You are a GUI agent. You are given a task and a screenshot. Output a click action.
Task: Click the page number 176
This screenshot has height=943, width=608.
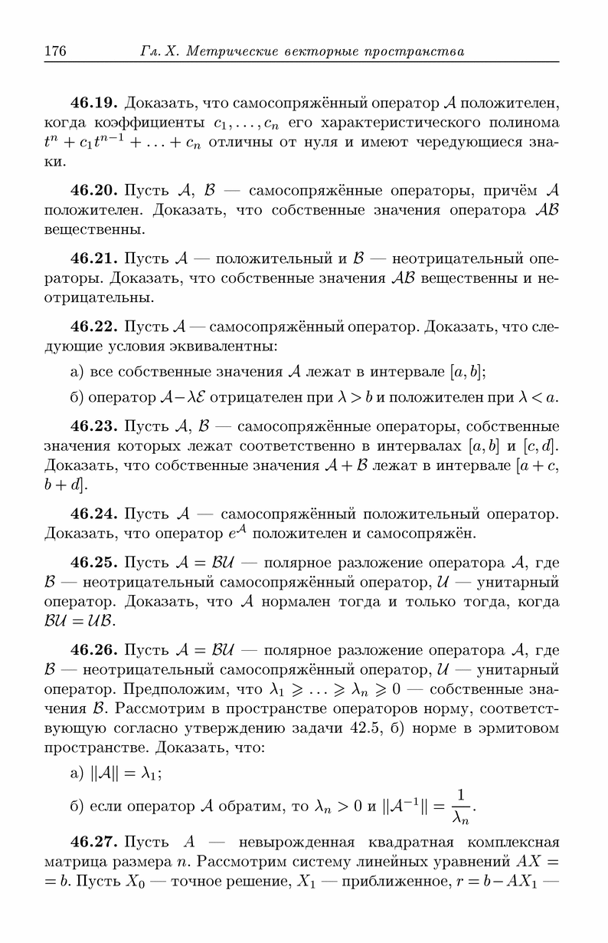pyautogui.click(x=56, y=51)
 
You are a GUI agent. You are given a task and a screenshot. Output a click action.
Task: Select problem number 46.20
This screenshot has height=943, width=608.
pyautogui.click(x=94, y=190)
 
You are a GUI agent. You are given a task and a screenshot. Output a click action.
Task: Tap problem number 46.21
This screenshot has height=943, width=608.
pyautogui.click(x=94, y=257)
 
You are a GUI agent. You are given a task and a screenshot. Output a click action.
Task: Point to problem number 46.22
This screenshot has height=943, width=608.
pyautogui.click(x=94, y=328)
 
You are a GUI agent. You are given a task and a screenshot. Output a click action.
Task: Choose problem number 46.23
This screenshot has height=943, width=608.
pyautogui.click(x=94, y=426)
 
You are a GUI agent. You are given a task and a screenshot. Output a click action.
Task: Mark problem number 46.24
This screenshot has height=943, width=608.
pyautogui.click(x=94, y=512)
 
